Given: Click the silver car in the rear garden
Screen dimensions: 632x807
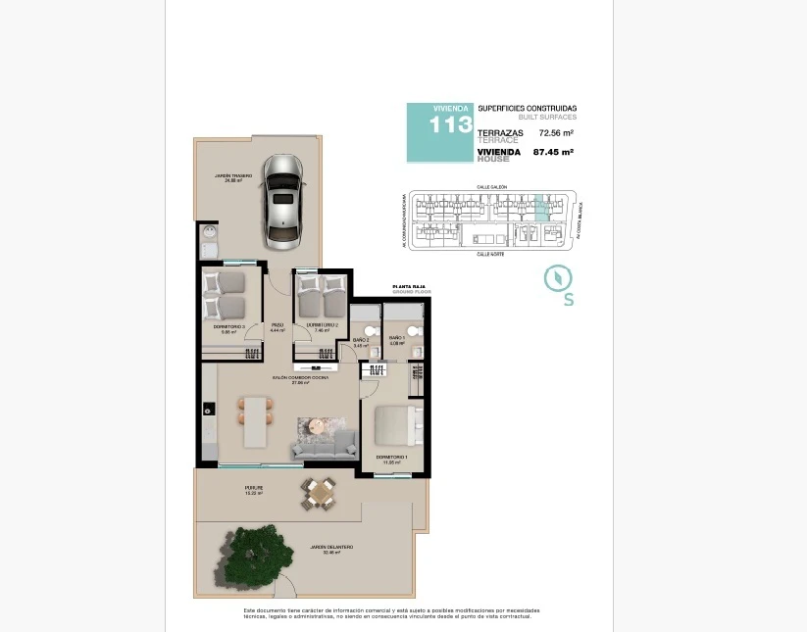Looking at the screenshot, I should click(282, 201).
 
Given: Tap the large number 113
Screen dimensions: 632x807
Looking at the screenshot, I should click(450, 125).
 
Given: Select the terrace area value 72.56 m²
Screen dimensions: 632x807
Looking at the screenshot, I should click(556, 132).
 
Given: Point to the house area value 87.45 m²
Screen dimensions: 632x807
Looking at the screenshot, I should click(553, 152).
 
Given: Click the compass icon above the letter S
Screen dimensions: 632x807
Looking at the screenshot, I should click(558, 278).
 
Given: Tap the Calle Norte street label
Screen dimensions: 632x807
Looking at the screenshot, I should click(490, 253).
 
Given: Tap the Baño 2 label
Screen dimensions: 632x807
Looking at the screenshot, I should click(361, 340).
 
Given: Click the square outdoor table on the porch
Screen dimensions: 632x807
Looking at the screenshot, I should click(318, 493).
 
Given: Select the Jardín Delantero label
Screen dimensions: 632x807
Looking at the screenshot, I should click(330, 549).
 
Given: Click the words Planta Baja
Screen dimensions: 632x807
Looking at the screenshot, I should click(407, 287).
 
